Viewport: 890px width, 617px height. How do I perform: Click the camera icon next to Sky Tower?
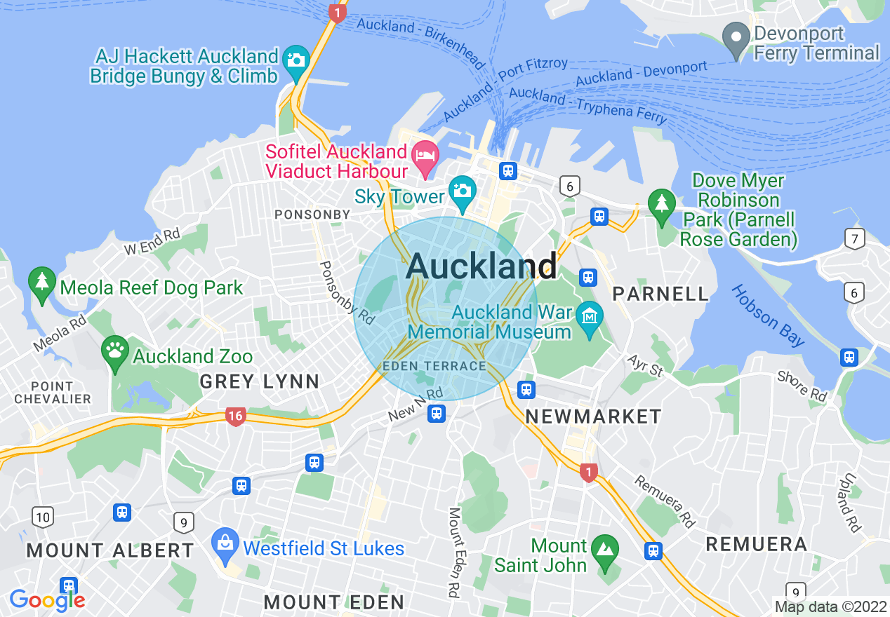coord(462,190)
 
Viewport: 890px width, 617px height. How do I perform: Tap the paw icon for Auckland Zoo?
coord(114,348)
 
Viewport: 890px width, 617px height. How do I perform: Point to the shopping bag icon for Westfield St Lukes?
coord(225,543)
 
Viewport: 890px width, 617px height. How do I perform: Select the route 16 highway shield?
coord(235,416)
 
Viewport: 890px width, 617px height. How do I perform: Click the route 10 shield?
coord(43,517)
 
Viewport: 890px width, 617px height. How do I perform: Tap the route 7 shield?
coord(854,238)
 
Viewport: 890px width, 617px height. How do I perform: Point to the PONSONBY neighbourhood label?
coord(312,214)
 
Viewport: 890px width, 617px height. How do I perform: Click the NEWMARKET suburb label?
coord(593,416)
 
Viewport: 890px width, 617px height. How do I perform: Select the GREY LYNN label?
coord(260,382)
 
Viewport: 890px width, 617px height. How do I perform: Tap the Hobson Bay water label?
coord(769,316)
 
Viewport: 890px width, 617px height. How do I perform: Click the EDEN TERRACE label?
coord(434,366)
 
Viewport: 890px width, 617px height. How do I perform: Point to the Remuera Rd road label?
coord(663,501)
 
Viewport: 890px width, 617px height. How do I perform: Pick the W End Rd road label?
coord(152,241)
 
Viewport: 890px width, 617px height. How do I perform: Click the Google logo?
coord(47,600)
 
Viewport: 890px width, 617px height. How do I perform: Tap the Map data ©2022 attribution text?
coord(830,606)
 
